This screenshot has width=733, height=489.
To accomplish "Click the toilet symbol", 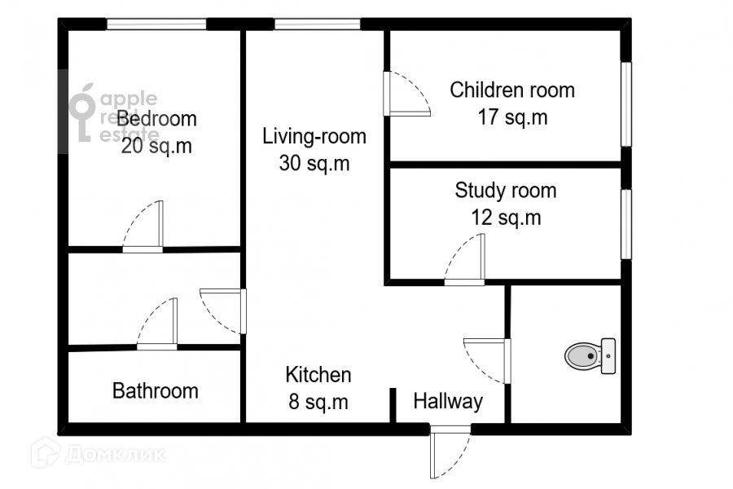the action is click(x=590, y=356).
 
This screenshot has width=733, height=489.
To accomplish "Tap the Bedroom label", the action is click(x=156, y=119).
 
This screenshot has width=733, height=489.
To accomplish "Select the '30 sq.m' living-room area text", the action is click(x=314, y=163).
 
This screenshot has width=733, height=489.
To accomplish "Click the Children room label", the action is click(x=512, y=90).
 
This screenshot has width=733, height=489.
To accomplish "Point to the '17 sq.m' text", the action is click(x=512, y=117).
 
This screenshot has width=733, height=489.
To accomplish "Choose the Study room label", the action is click(x=506, y=191).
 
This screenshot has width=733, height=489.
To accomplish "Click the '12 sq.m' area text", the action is click(x=506, y=218).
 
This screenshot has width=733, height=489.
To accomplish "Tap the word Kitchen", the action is click(x=318, y=375).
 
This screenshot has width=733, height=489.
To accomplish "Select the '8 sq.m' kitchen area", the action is click(x=318, y=402).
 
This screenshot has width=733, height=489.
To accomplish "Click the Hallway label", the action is click(x=448, y=402).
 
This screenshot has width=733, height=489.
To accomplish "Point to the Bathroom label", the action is click(x=156, y=390).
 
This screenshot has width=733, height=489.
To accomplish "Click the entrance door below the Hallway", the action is click(x=450, y=452).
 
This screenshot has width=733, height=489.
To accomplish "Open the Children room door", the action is click(x=406, y=94).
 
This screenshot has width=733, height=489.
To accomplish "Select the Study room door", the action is click(x=464, y=260).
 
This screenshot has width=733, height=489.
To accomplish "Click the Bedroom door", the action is click(x=143, y=227).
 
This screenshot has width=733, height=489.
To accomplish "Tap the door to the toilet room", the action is click(x=487, y=361).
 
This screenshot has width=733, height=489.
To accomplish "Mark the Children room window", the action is click(x=626, y=104).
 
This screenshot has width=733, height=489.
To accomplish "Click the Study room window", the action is click(x=626, y=223).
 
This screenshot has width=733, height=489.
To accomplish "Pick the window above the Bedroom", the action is click(x=156, y=24).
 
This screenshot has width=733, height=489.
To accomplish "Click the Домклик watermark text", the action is click(x=116, y=455).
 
